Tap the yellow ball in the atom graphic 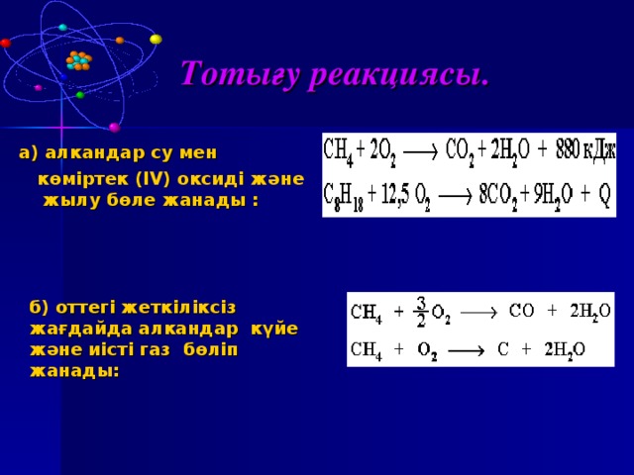coord(156,40)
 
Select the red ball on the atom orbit coord(5,43)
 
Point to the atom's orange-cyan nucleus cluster coord(79,60)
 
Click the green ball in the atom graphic coord(80,95)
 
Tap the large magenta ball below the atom coord(115,128)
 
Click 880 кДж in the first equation coord(585,151)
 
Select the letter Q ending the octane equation coord(603,196)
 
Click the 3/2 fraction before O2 coord(421,312)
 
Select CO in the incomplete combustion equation coord(521,311)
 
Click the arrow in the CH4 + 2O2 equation coord(420,152)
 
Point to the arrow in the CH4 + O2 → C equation coord(467,351)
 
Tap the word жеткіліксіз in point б coord(178,308)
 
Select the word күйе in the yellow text coord(274,330)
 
